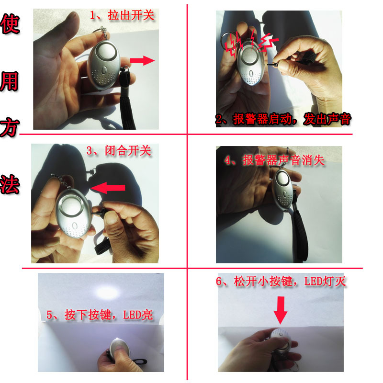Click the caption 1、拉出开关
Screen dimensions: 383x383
tap(123, 16)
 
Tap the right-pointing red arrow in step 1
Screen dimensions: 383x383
tap(142, 60)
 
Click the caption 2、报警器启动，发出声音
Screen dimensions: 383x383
tap(283, 120)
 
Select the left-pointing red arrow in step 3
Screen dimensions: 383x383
tap(107, 188)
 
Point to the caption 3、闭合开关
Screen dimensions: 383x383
tap(119, 151)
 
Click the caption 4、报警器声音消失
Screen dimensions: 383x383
tap(274, 160)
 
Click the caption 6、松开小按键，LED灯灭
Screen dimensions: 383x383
tap(281, 282)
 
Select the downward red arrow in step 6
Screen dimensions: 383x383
tap(281, 310)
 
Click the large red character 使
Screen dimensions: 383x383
tap(10, 24)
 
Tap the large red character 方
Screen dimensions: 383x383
tap(10, 128)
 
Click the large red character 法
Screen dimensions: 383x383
tap(10, 183)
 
